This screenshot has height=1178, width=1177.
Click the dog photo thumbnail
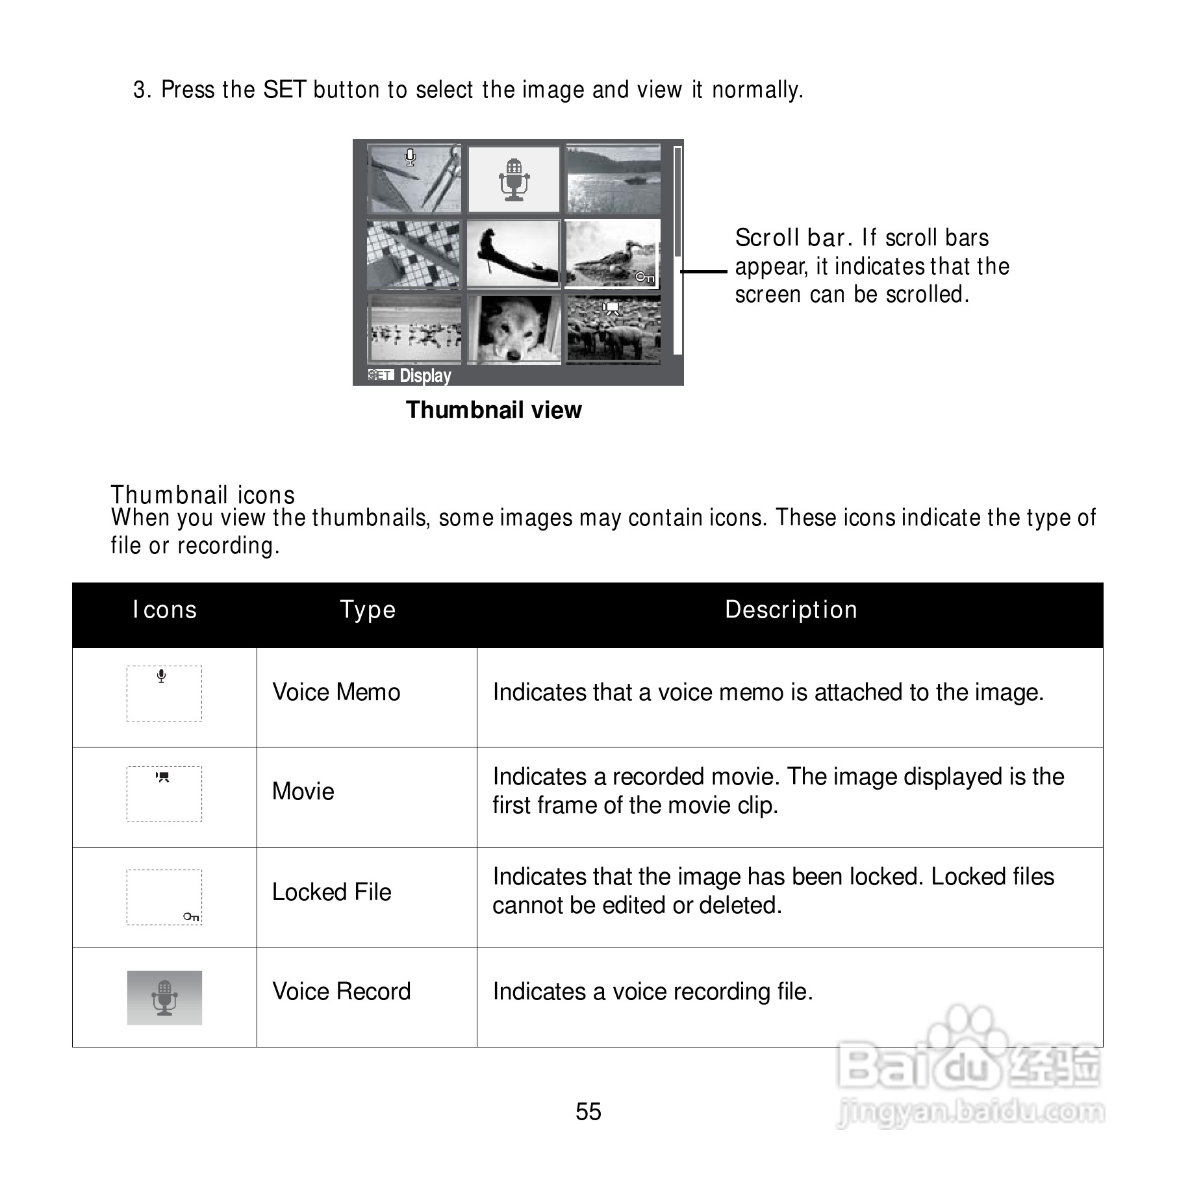514,329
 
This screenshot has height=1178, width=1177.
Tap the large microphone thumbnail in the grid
514,179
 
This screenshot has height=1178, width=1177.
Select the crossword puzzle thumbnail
414,255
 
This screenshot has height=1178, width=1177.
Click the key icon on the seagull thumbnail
644,277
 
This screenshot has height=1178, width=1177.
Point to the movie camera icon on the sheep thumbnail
611,308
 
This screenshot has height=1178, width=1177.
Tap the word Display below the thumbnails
425,375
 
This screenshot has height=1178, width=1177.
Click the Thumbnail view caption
494,410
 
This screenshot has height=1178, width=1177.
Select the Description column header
791,610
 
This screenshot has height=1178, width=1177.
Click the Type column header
368,610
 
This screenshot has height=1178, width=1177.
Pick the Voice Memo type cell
336,692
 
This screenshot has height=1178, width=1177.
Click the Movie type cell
303,792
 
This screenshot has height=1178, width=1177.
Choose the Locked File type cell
331,892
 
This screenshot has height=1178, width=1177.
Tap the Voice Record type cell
341,992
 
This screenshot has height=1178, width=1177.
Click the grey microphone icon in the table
164,998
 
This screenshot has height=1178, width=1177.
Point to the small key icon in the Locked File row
191,916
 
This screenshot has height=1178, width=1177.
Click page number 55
588,1112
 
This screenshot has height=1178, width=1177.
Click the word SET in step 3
284,90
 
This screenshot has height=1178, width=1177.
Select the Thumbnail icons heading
203,495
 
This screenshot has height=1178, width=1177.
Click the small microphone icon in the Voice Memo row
161,676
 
